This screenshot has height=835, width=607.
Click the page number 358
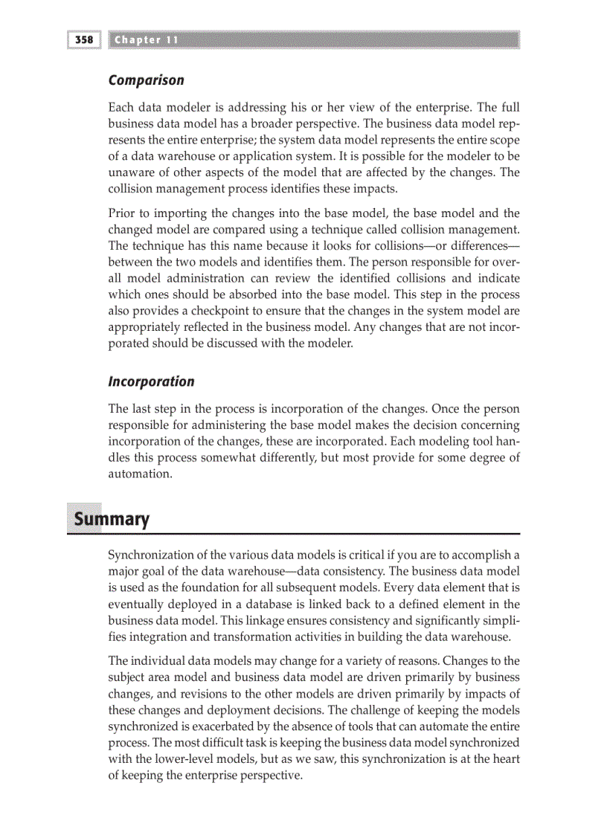click(x=83, y=39)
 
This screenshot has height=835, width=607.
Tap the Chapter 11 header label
click(x=147, y=39)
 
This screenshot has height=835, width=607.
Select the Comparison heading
click(x=146, y=80)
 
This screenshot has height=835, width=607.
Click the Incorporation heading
click(x=151, y=381)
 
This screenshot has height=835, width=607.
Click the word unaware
click(x=131, y=173)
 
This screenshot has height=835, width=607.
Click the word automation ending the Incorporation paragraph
click(x=140, y=474)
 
